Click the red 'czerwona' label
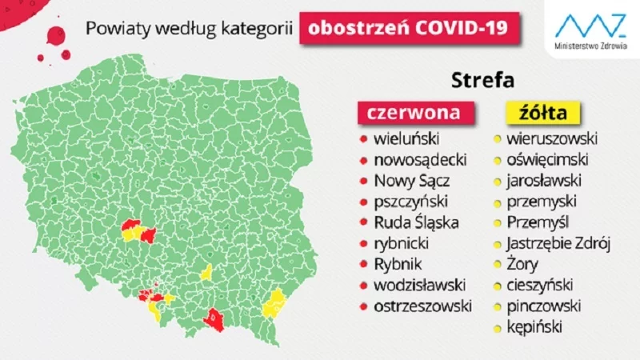click(x=413, y=112)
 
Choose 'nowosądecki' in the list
click(x=413, y=158)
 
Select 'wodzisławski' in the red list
click(x=416, y=285)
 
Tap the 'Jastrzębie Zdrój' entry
click(x=558, y=242)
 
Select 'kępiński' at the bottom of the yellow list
click(x=534, y=326)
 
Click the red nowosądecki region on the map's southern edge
click(x=214, y=319)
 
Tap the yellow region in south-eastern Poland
click(x=276, y=303)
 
